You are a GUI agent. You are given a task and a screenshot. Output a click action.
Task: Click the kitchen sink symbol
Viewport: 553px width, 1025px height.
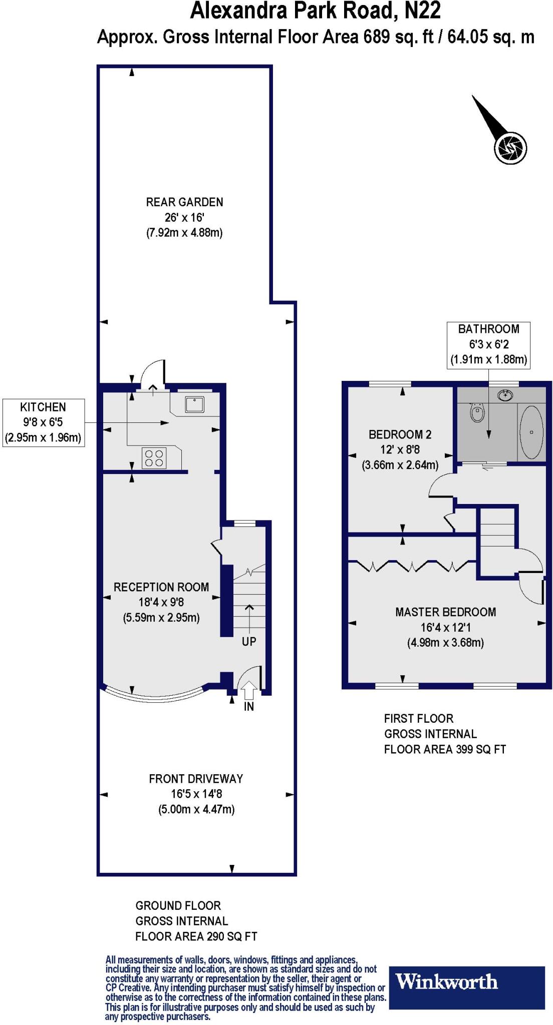(x=194, y=403)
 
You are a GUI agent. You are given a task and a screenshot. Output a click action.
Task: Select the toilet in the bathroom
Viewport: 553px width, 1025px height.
(x=477, y=413)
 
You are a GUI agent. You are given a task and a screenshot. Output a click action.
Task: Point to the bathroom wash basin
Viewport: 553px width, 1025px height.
(x=506, y=395)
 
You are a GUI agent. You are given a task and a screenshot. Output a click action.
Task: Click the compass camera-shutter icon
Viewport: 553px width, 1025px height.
(x=511, y=147)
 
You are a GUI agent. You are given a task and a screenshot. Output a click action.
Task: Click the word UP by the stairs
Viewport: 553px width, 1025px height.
(x=249, y=642)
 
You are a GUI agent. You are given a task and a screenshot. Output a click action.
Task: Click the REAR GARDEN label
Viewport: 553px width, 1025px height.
(x=184, y=202)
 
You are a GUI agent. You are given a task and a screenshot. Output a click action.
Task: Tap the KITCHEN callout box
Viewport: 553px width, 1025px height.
(x=44, y=422)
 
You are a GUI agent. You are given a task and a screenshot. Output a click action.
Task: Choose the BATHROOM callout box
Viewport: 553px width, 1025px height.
(x=488, y=345)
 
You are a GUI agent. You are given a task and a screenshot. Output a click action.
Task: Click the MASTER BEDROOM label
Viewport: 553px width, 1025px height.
(x=445, y=612)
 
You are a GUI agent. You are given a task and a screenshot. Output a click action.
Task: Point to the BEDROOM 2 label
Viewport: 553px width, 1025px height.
(x=400, y=434)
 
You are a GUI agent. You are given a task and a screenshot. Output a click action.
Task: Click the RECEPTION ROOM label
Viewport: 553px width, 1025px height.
(x=161, y=587)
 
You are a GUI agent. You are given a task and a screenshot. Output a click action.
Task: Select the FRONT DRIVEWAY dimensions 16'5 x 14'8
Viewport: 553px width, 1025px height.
(x=196, y=794)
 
